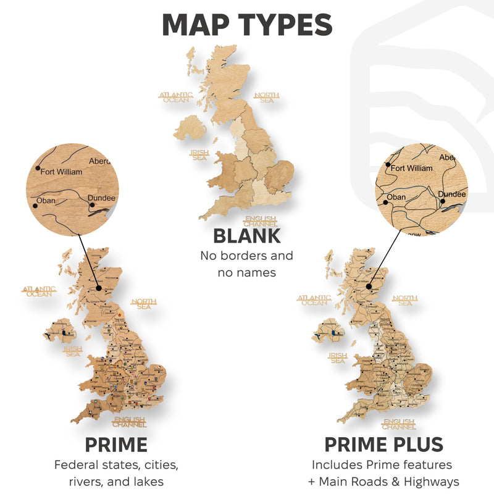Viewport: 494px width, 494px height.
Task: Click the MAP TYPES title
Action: point(247,24)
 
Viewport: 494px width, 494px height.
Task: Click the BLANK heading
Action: point(247,235)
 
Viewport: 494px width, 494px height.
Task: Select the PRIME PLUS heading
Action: point(383,445)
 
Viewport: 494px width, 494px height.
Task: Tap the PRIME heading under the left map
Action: point(116,445)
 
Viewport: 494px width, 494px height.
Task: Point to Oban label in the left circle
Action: point(44,201)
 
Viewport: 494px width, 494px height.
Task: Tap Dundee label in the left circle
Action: point(102,198)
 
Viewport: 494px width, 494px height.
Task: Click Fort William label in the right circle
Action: point(411,168)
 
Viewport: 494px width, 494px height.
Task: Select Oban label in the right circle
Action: point(396,198)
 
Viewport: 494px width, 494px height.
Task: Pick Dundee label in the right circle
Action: point(452,194)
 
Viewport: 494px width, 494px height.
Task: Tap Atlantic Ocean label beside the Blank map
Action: point(176,97)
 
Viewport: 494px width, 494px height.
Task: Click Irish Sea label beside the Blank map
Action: point(199,154)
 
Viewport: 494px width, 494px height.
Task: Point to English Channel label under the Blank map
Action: point(261,221)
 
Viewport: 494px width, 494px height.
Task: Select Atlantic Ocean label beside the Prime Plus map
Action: point(314,300)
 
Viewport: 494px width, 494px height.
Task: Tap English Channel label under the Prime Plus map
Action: point(398,424)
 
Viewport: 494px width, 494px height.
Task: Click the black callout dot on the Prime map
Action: point(98,287)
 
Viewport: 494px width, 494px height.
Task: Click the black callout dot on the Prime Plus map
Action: point(369,287)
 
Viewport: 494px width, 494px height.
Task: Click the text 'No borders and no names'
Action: point(247,264)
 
